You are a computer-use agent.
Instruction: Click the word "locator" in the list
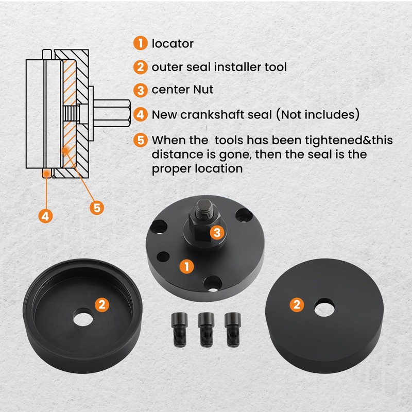click(173, 43)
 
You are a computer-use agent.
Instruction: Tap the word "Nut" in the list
click(203, 90)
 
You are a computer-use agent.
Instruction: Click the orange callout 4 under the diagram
click(46, 216)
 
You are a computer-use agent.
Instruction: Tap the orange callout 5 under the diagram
click(97, 208)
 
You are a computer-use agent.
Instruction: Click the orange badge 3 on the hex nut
click(217, 233)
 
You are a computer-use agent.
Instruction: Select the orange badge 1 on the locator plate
click(186, 266)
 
